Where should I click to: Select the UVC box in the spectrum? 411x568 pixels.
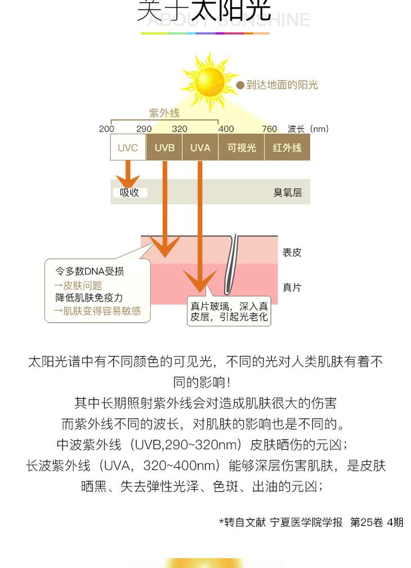tap(128, 147)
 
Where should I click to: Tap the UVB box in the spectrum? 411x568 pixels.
tap(164, 147)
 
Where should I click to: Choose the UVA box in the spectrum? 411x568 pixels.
tap(200, 147)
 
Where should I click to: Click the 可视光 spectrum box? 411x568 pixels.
tap(242, 147)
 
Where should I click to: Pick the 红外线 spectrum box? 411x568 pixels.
tap(287, 147)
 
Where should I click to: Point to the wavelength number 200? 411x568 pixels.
tap(106, 129)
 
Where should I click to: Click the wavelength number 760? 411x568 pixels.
tap(270, 129)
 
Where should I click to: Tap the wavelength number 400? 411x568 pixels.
tap(226, 129)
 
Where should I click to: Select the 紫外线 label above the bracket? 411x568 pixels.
tap(164, 113)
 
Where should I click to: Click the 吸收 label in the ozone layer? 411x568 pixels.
tap(129, 193)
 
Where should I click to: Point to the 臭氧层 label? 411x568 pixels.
tap(288, 193)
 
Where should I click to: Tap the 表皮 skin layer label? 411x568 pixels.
tap(292, 253)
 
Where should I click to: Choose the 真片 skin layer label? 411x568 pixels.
tap(292, 288)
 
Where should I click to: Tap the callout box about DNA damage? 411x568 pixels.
tap(97, 291)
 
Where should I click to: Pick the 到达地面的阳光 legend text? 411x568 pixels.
tap(282, 85)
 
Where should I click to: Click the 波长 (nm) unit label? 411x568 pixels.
tap(308, 129)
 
